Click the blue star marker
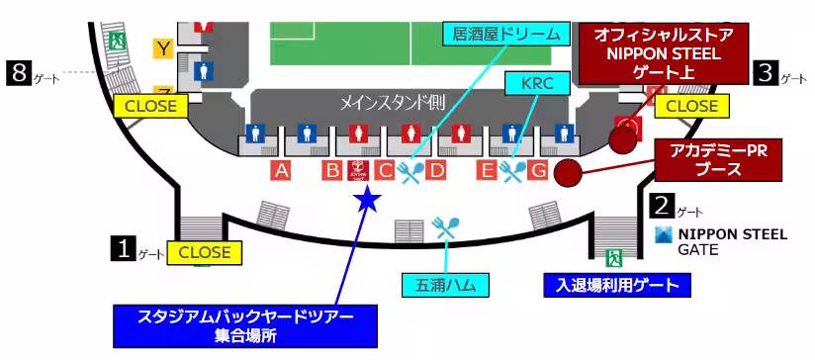coord(367,200)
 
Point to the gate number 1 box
coord(123,247)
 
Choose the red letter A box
coord(282,171)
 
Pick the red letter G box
coord(538,171)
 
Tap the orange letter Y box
coord(163,46)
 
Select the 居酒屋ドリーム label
coord(506,36)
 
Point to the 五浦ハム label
coord(446,285)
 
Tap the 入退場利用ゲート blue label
coord(616,286)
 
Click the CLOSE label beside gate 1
coord(205,253)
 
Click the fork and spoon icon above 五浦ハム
coord(447,230)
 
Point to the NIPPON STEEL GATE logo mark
coord(663,234)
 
